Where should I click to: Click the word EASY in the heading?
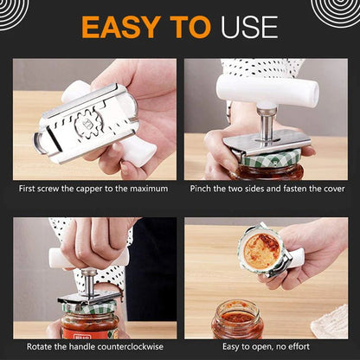(x=122, y=26)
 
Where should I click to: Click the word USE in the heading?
(x=249, y=26)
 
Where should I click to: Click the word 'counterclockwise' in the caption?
(x=132, y=347)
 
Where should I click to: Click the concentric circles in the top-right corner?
(x=337, y=10)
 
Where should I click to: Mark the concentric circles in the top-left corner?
(x=19, y=10)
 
